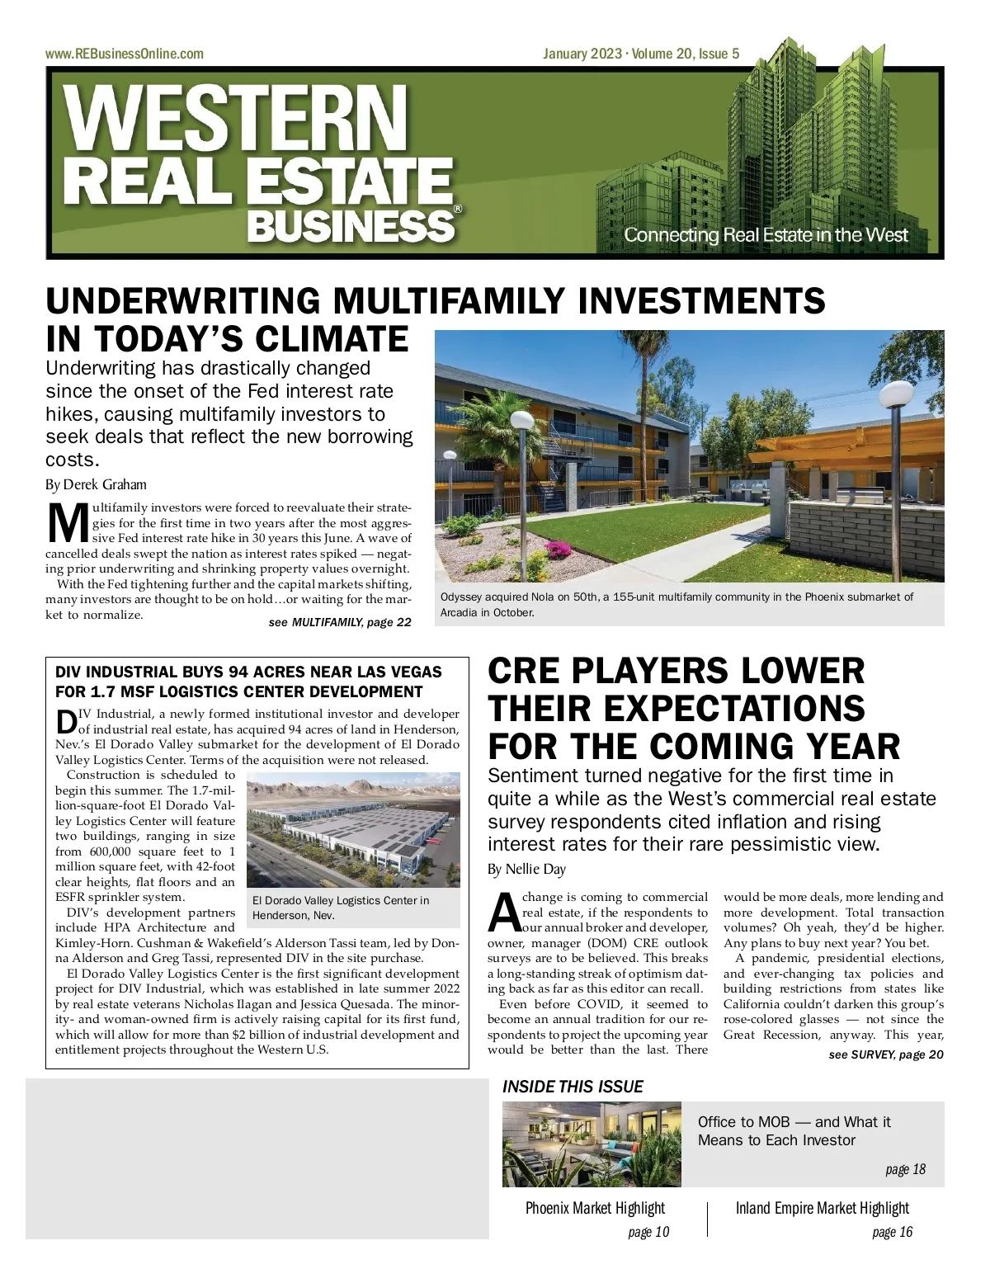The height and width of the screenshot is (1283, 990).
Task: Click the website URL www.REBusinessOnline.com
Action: click(125, 54)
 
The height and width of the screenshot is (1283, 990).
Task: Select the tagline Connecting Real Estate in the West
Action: click(765, 235)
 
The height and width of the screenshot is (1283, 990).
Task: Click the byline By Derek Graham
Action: click(96, 484)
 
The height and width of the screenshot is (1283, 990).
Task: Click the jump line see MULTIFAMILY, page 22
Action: click(340, 622)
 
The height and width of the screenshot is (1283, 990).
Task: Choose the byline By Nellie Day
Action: click(526, 869)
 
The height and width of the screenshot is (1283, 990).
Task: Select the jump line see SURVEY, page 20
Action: click(885, 1054)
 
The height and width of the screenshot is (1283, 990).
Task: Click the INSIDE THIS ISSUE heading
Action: click(573, 1087)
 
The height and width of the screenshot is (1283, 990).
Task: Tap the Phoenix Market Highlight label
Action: click(595, 1208)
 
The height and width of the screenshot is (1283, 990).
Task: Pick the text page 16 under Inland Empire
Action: click(892, 1232)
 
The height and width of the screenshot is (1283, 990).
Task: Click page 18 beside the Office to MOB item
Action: click(905, 1169)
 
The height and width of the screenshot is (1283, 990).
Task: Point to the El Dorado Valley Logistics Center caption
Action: click(341, 908)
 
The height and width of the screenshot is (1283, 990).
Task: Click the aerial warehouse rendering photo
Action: click(353, 829)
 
